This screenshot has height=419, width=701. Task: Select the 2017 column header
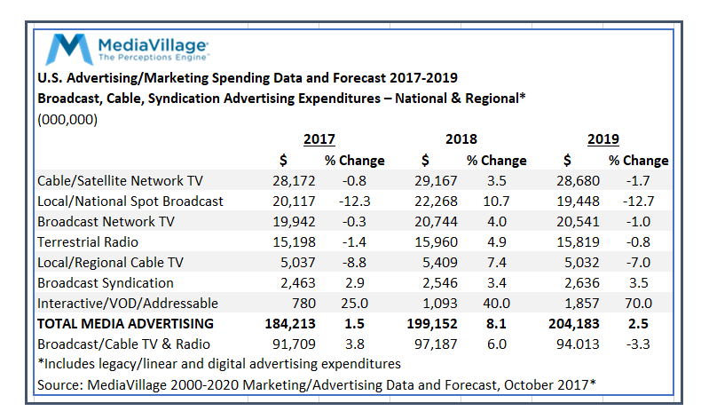[x=319, y=139]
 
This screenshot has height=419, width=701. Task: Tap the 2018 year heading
[x=461, y=139]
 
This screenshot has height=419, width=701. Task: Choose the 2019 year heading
[x=603, y=139]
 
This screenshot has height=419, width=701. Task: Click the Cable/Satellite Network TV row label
[x=121, y=181]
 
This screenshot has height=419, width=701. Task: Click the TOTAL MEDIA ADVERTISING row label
[x=125, y=323]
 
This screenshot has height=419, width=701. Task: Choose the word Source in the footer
[x=59, y=384]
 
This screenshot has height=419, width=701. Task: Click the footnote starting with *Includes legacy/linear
[x=218, y=364]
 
